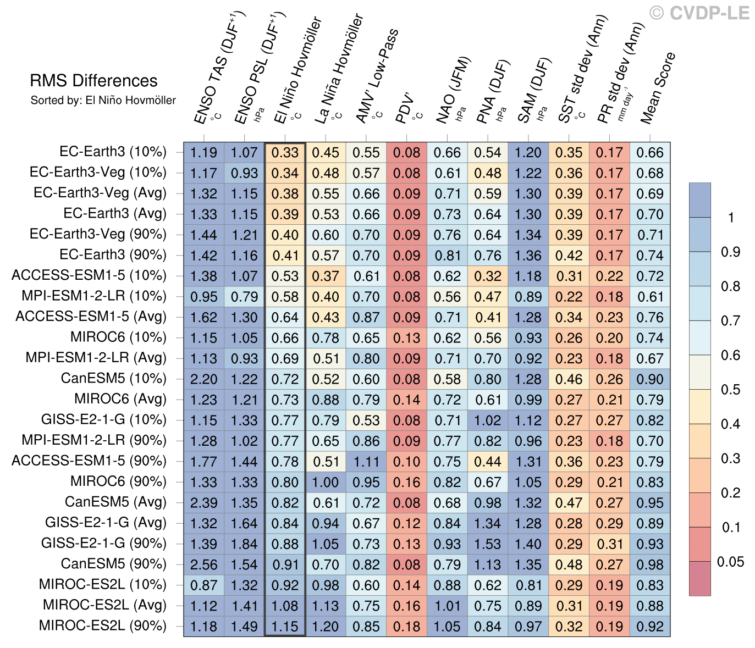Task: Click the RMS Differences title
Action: click(x=93, y=81)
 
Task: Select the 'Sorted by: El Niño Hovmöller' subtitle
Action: click(x=103, y=101)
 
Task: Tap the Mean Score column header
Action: click(x=658, y=88)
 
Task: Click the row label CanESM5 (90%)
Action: click(x=113, y=564)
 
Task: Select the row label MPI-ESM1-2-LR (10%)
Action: click(x=93, y=296)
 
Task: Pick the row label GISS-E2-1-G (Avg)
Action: click(x=106, y=523)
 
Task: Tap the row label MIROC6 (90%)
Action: click(x=118, y=481)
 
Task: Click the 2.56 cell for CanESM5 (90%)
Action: click(x=203, y=564)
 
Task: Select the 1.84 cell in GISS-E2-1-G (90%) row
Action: click(x=244, y=544)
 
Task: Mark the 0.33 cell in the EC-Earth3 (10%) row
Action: click(x=285, y=152)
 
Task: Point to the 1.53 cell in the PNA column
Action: click(x=488, y=544)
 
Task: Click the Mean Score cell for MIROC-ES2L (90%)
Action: click(x=650, y=627)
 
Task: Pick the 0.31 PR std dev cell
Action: click(x=609, y=544)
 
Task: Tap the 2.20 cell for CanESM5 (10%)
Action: click(x=203, y=379)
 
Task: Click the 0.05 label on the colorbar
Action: click(x=730, y=562)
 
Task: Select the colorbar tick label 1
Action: click(x=730, y=218)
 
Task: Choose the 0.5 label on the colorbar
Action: click(x=730, y=390)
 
